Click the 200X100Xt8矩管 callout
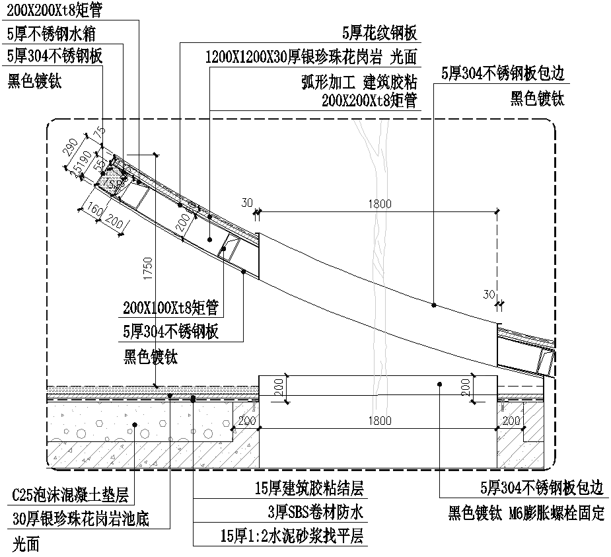(x=170, y=307)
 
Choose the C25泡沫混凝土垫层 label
(x=70, y=495)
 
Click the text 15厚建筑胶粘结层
(x=309, y=489)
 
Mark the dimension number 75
(x=100, y=134)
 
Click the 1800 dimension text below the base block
(x=379, y=421)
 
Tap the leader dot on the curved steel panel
(x=433, y=305)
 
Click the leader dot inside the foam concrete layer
(x=134, y=425)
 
